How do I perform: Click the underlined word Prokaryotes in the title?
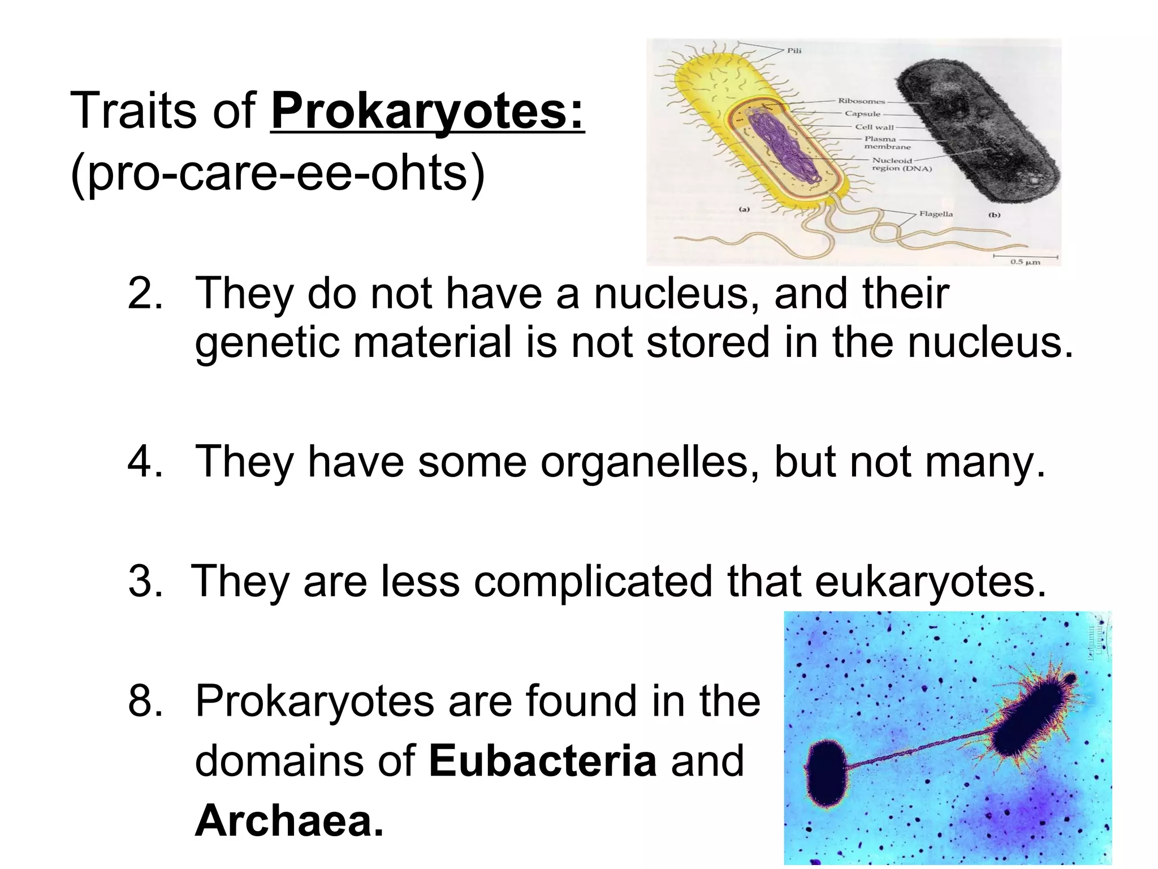coord(427,111)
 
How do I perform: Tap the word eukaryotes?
coord(930,581)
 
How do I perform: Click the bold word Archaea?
coord(289,820)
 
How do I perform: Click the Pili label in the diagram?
coord(794,50)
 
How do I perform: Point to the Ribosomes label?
coord(861,101)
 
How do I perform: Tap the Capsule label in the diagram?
coord(862,114)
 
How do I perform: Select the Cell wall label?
coord(874,127)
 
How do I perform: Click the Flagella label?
coord(936,214)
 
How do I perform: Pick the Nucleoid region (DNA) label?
coord(901,164)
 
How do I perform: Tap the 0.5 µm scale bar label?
coord(1025,262)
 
